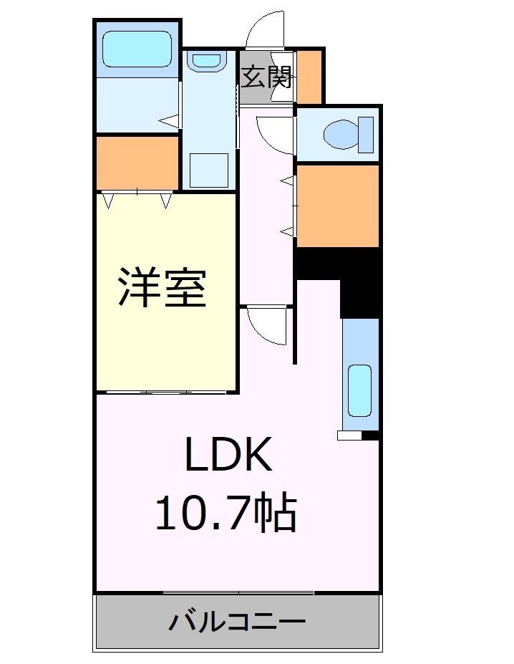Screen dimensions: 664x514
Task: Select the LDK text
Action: point(228,454)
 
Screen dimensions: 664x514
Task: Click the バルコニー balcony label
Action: point(237,621)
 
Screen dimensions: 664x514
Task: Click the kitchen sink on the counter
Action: point(359,390)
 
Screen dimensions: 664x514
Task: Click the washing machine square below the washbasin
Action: point(208,169)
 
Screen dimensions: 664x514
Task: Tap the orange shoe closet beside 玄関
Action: point(309,76)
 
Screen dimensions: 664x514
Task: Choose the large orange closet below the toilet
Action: point(337,206)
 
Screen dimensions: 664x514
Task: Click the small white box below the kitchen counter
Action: point(350,435)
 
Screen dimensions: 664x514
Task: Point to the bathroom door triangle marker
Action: point(168,122)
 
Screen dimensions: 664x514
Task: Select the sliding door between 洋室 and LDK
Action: point(166,393)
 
